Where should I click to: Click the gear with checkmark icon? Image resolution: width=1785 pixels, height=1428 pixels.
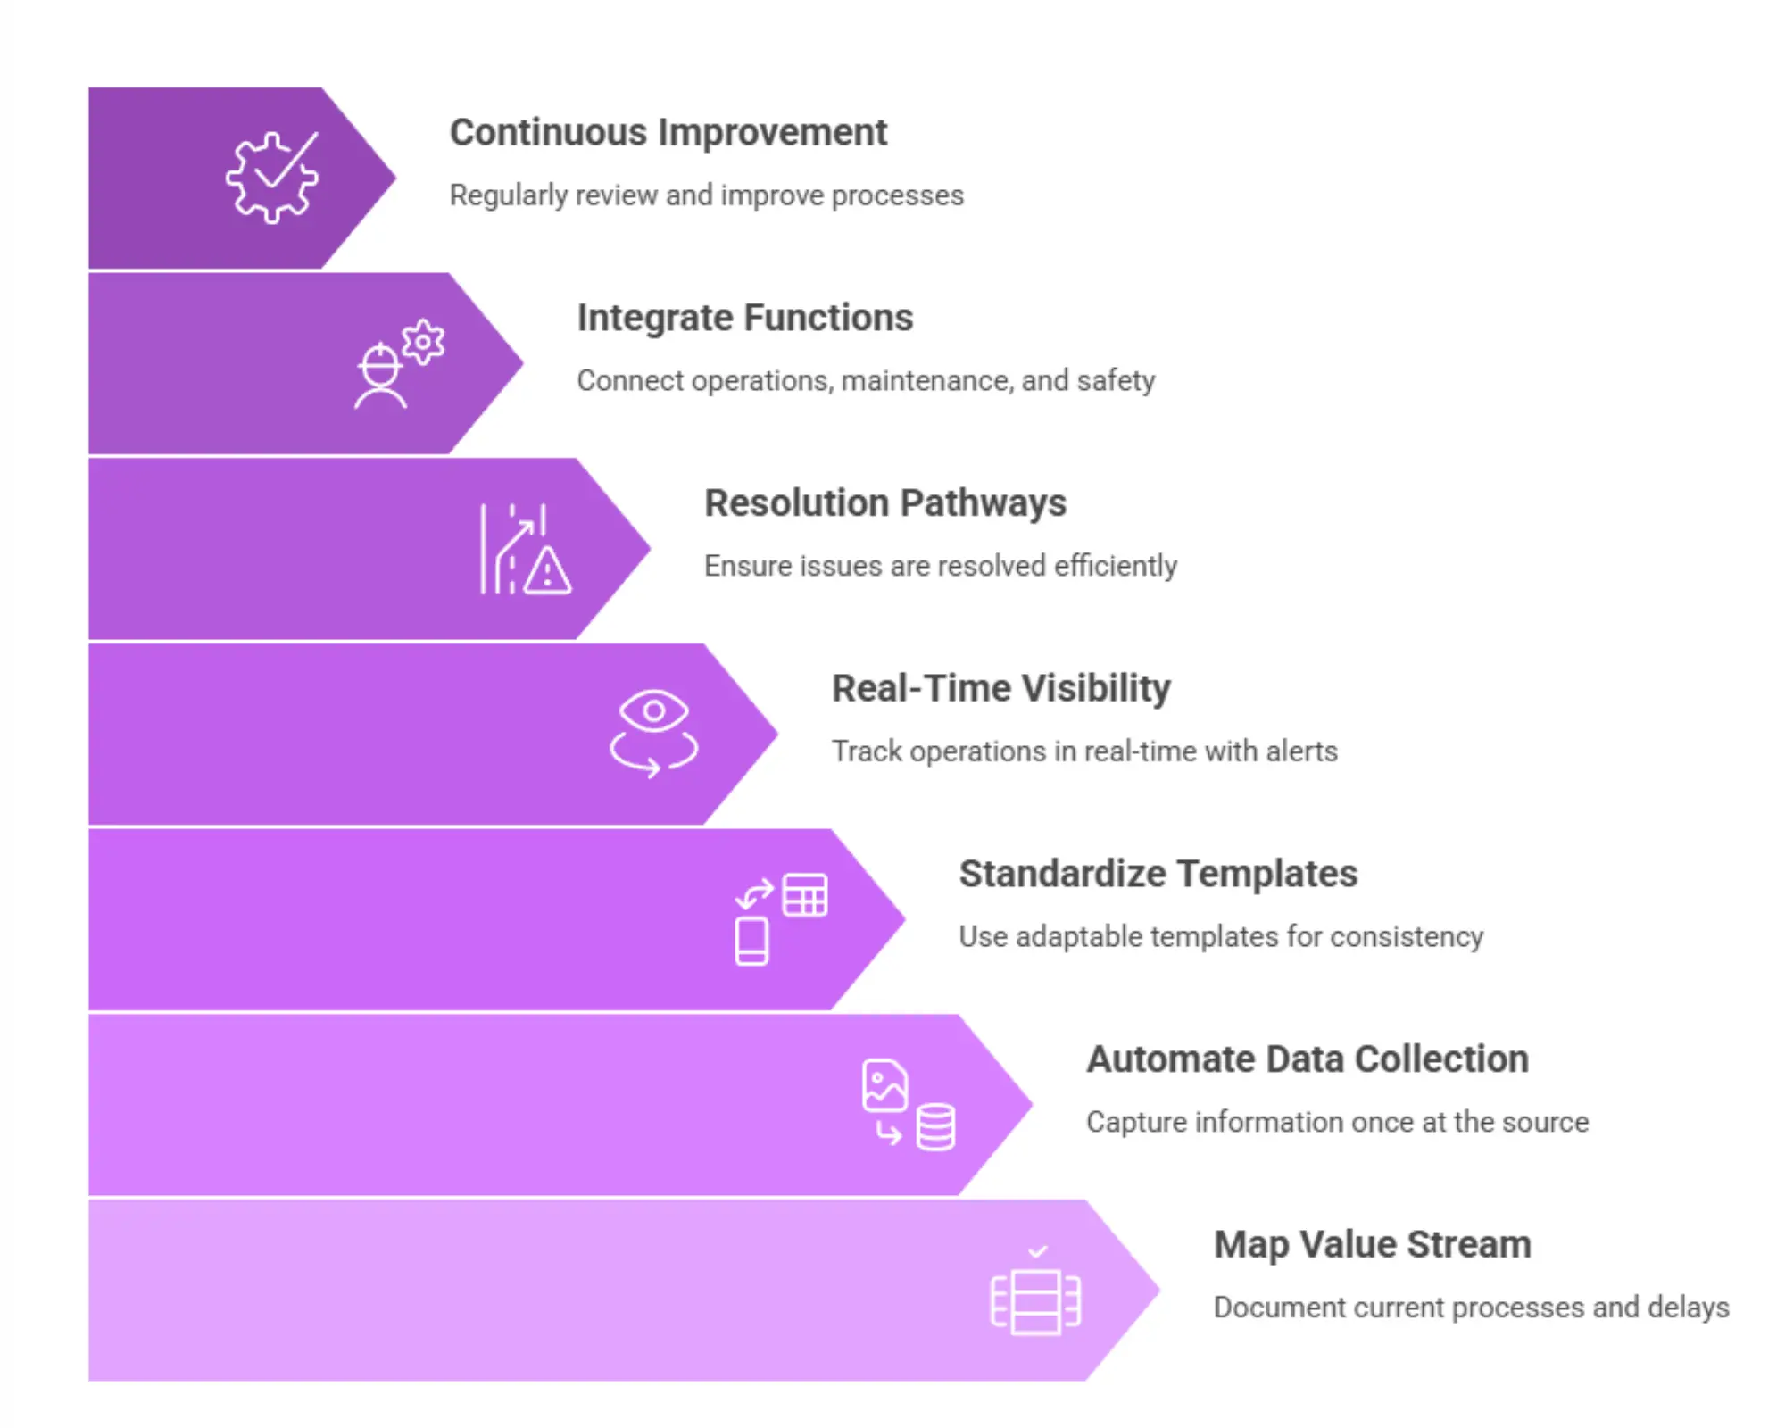[x=271, y=177]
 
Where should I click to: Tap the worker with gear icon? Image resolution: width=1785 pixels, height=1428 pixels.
[x=397, y=364]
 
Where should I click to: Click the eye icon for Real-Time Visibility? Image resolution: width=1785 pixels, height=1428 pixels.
[x=653, y=711]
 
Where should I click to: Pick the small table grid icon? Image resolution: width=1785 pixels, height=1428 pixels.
[x=804, y=894]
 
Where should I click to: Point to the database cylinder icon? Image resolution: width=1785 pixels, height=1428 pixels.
[x=935, y=1127]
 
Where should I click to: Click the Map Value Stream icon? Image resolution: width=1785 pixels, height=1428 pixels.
[x=1035, y=1297]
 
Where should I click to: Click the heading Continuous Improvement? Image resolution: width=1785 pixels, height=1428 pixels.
[x=668, y=133]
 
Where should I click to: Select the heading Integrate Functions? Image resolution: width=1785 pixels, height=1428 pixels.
[x=744, y=318]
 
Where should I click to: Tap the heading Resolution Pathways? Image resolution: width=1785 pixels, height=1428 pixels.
[x=884, y=503]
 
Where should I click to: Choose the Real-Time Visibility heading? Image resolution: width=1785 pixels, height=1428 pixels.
[x=1000, y=689]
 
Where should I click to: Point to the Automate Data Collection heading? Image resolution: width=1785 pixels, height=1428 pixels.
[x=1307, y=1059]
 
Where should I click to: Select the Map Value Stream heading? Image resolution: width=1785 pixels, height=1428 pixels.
[x=1372, y=1245]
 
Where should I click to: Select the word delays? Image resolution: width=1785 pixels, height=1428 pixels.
[x=1688, y=1308]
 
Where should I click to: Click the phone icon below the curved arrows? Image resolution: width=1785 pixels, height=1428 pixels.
[x=751, y=941]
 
